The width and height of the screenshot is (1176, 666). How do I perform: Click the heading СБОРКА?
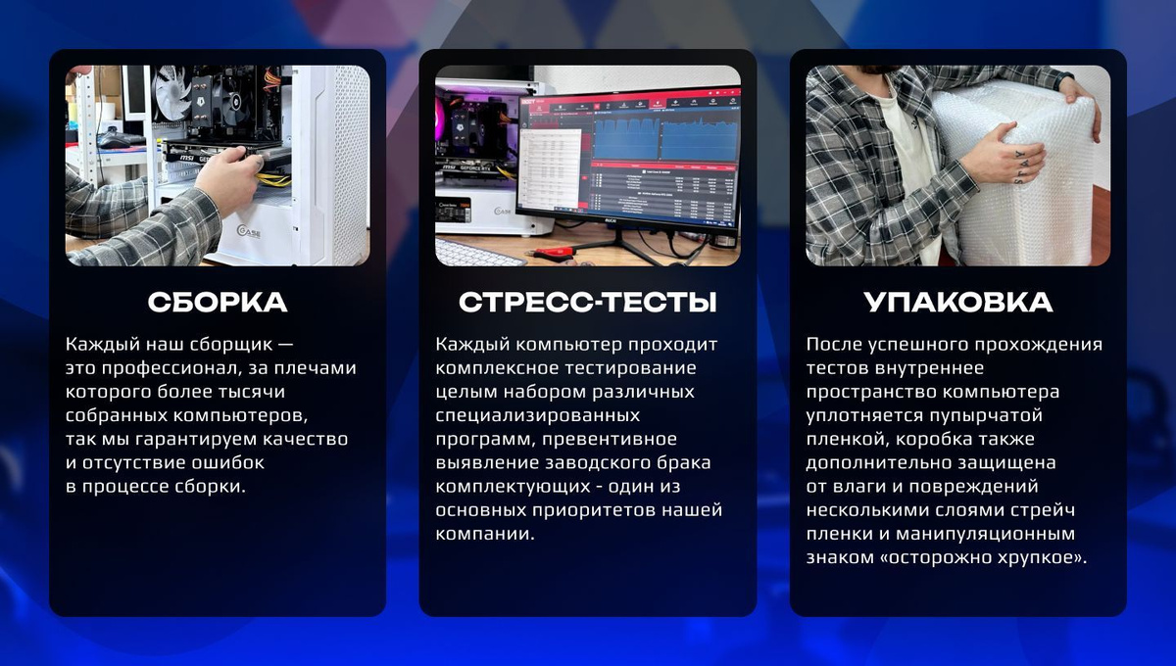[218, 302]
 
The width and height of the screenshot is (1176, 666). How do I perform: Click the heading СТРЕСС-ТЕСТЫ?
[587, 302]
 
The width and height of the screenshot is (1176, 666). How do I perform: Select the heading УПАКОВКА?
[958, 302]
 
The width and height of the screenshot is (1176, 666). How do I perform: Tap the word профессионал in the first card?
[168, 368]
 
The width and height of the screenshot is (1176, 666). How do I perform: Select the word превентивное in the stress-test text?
[609, 440]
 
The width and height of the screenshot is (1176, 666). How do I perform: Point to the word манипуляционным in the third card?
[985, 534]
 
